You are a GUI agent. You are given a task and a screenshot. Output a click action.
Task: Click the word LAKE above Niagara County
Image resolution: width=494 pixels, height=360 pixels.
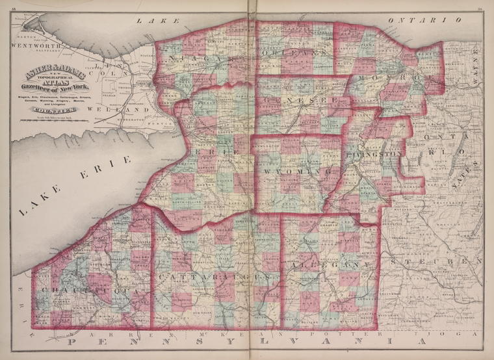tap(150, 21)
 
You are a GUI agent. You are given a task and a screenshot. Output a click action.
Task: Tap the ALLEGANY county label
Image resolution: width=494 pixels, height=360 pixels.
tap(329, 266)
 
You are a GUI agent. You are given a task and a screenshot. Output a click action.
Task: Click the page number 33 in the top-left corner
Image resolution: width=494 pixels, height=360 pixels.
tap(14, 8)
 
